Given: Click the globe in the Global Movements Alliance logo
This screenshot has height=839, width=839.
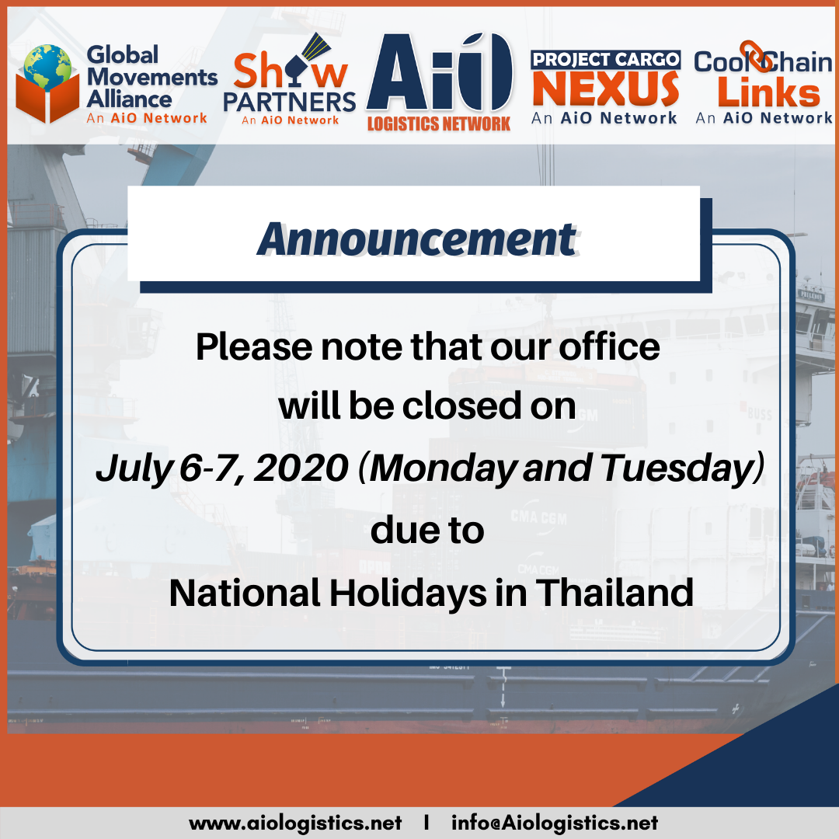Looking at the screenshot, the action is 47,67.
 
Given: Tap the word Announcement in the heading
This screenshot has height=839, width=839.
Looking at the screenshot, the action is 417,239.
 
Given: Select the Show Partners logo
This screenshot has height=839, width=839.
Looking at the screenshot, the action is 290,80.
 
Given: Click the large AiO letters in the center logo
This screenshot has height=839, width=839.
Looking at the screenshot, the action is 440,71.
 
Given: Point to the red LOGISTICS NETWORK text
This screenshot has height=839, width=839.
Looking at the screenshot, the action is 439,124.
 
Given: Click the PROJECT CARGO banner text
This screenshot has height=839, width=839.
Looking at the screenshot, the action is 606,59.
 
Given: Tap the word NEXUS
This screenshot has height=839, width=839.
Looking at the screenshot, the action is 606,89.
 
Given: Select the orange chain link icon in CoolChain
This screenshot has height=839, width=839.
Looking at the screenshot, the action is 756,56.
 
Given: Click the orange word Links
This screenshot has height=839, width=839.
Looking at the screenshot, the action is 768,92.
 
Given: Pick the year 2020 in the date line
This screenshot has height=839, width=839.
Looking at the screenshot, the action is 301,468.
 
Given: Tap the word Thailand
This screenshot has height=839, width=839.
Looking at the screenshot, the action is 614,593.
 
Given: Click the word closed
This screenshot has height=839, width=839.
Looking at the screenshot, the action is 461,406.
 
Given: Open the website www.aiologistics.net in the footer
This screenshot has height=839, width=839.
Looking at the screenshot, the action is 295,823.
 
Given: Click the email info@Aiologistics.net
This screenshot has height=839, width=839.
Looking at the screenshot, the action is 555,823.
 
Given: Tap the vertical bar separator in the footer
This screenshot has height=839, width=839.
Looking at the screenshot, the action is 426,823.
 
